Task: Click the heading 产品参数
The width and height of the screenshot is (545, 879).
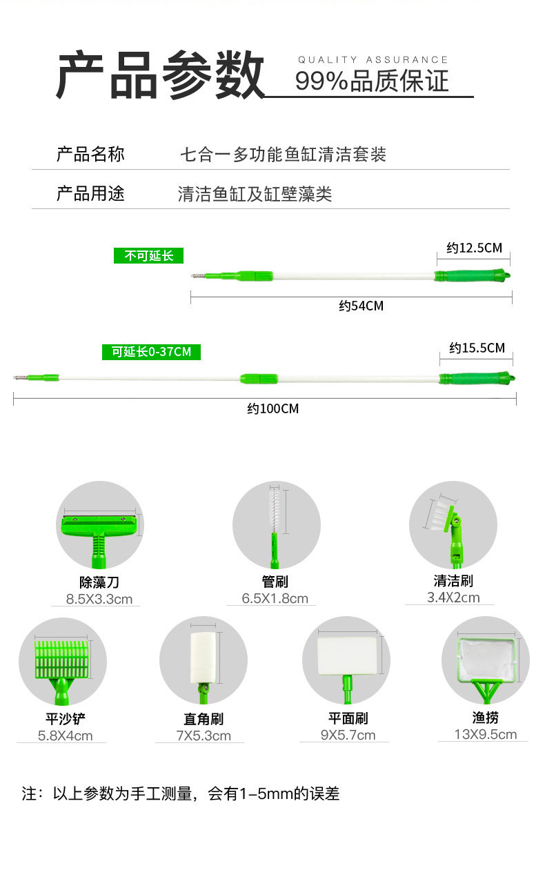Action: tap(160, 75)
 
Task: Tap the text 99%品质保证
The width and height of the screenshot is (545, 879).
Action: tap(372, 81)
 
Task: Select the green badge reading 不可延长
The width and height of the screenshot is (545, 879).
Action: tap(149, 256)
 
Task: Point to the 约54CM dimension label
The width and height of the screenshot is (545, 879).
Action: tap(361, 306)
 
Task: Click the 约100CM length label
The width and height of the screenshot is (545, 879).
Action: tap(273, 408)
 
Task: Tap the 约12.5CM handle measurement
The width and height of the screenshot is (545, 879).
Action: tap(473, 248)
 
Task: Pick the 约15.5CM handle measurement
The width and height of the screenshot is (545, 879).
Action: tap(477, 348)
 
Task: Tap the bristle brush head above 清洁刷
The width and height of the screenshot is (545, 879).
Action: tap(442, 513)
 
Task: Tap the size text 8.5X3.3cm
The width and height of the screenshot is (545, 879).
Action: tap(99, 599)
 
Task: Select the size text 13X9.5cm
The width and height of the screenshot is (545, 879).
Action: tap(486, 734)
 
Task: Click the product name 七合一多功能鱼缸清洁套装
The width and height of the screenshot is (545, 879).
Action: tap(283, 155)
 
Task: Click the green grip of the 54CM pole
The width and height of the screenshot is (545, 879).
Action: tap(473, 276)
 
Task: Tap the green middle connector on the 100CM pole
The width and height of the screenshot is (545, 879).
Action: tap(259, 378)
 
